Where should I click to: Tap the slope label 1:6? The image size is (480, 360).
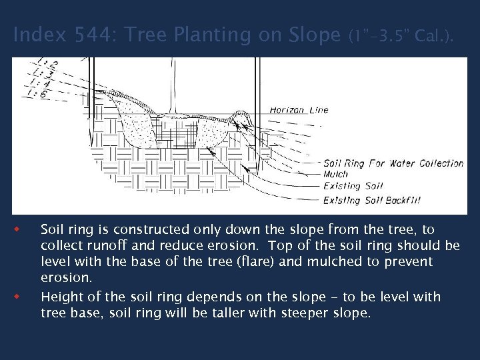(x=35, y=94)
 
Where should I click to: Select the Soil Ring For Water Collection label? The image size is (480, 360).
(x=393, y=163)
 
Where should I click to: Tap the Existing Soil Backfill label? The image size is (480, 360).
(x=371, y=200)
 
